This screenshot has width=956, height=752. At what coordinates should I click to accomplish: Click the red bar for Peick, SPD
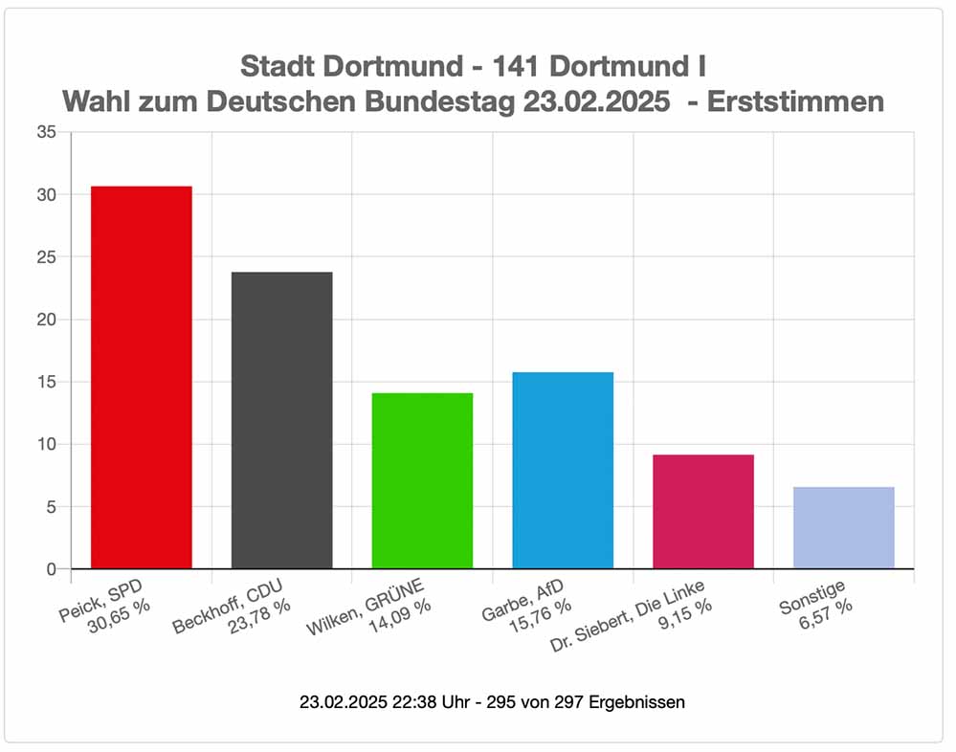pos(142,377)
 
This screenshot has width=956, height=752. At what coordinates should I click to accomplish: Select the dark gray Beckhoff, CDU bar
pos(282,420)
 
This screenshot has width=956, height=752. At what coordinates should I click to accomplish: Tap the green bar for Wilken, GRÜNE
pos(422,480)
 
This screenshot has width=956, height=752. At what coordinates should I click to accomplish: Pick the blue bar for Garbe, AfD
pos(563,470)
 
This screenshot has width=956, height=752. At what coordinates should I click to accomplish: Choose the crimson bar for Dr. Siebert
pos(703,511)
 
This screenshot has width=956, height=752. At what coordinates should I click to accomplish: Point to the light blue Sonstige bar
pos(844,527)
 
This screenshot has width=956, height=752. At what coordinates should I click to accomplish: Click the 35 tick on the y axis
pos(46,132)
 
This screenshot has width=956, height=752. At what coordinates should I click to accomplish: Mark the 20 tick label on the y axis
pos(46,320)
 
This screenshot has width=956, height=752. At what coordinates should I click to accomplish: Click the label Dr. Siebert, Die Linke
pos(633,613)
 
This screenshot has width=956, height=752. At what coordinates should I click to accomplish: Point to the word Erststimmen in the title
pos(794,102)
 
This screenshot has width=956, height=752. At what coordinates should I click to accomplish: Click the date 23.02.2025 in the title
pos(596,102)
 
